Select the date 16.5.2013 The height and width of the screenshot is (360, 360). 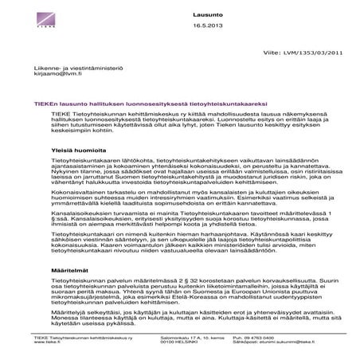[205, 28]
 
